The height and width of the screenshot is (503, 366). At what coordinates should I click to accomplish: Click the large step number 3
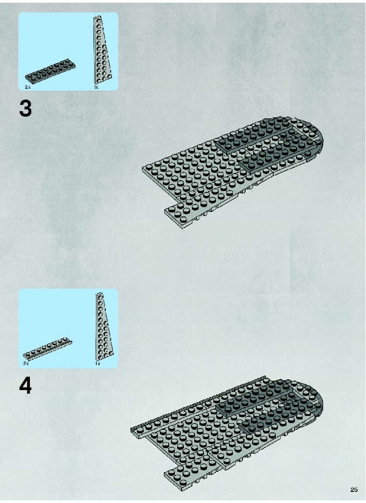25,108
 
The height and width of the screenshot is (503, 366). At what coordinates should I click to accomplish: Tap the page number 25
354,490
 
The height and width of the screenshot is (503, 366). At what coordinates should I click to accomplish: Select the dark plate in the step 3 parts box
51,71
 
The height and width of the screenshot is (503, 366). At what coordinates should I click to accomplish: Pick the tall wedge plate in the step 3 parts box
102,51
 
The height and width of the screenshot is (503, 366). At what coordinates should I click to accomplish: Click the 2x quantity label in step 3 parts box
28,87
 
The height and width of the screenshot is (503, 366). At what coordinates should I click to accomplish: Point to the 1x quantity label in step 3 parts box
96,87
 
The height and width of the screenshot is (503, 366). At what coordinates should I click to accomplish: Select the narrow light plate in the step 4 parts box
47,349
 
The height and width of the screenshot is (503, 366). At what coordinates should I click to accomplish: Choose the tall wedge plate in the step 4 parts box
104,328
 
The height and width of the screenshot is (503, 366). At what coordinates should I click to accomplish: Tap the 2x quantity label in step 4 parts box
26,363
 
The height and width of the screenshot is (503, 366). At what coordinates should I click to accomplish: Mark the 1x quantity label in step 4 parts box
98,363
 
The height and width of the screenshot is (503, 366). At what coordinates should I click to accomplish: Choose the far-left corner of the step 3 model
142,167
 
